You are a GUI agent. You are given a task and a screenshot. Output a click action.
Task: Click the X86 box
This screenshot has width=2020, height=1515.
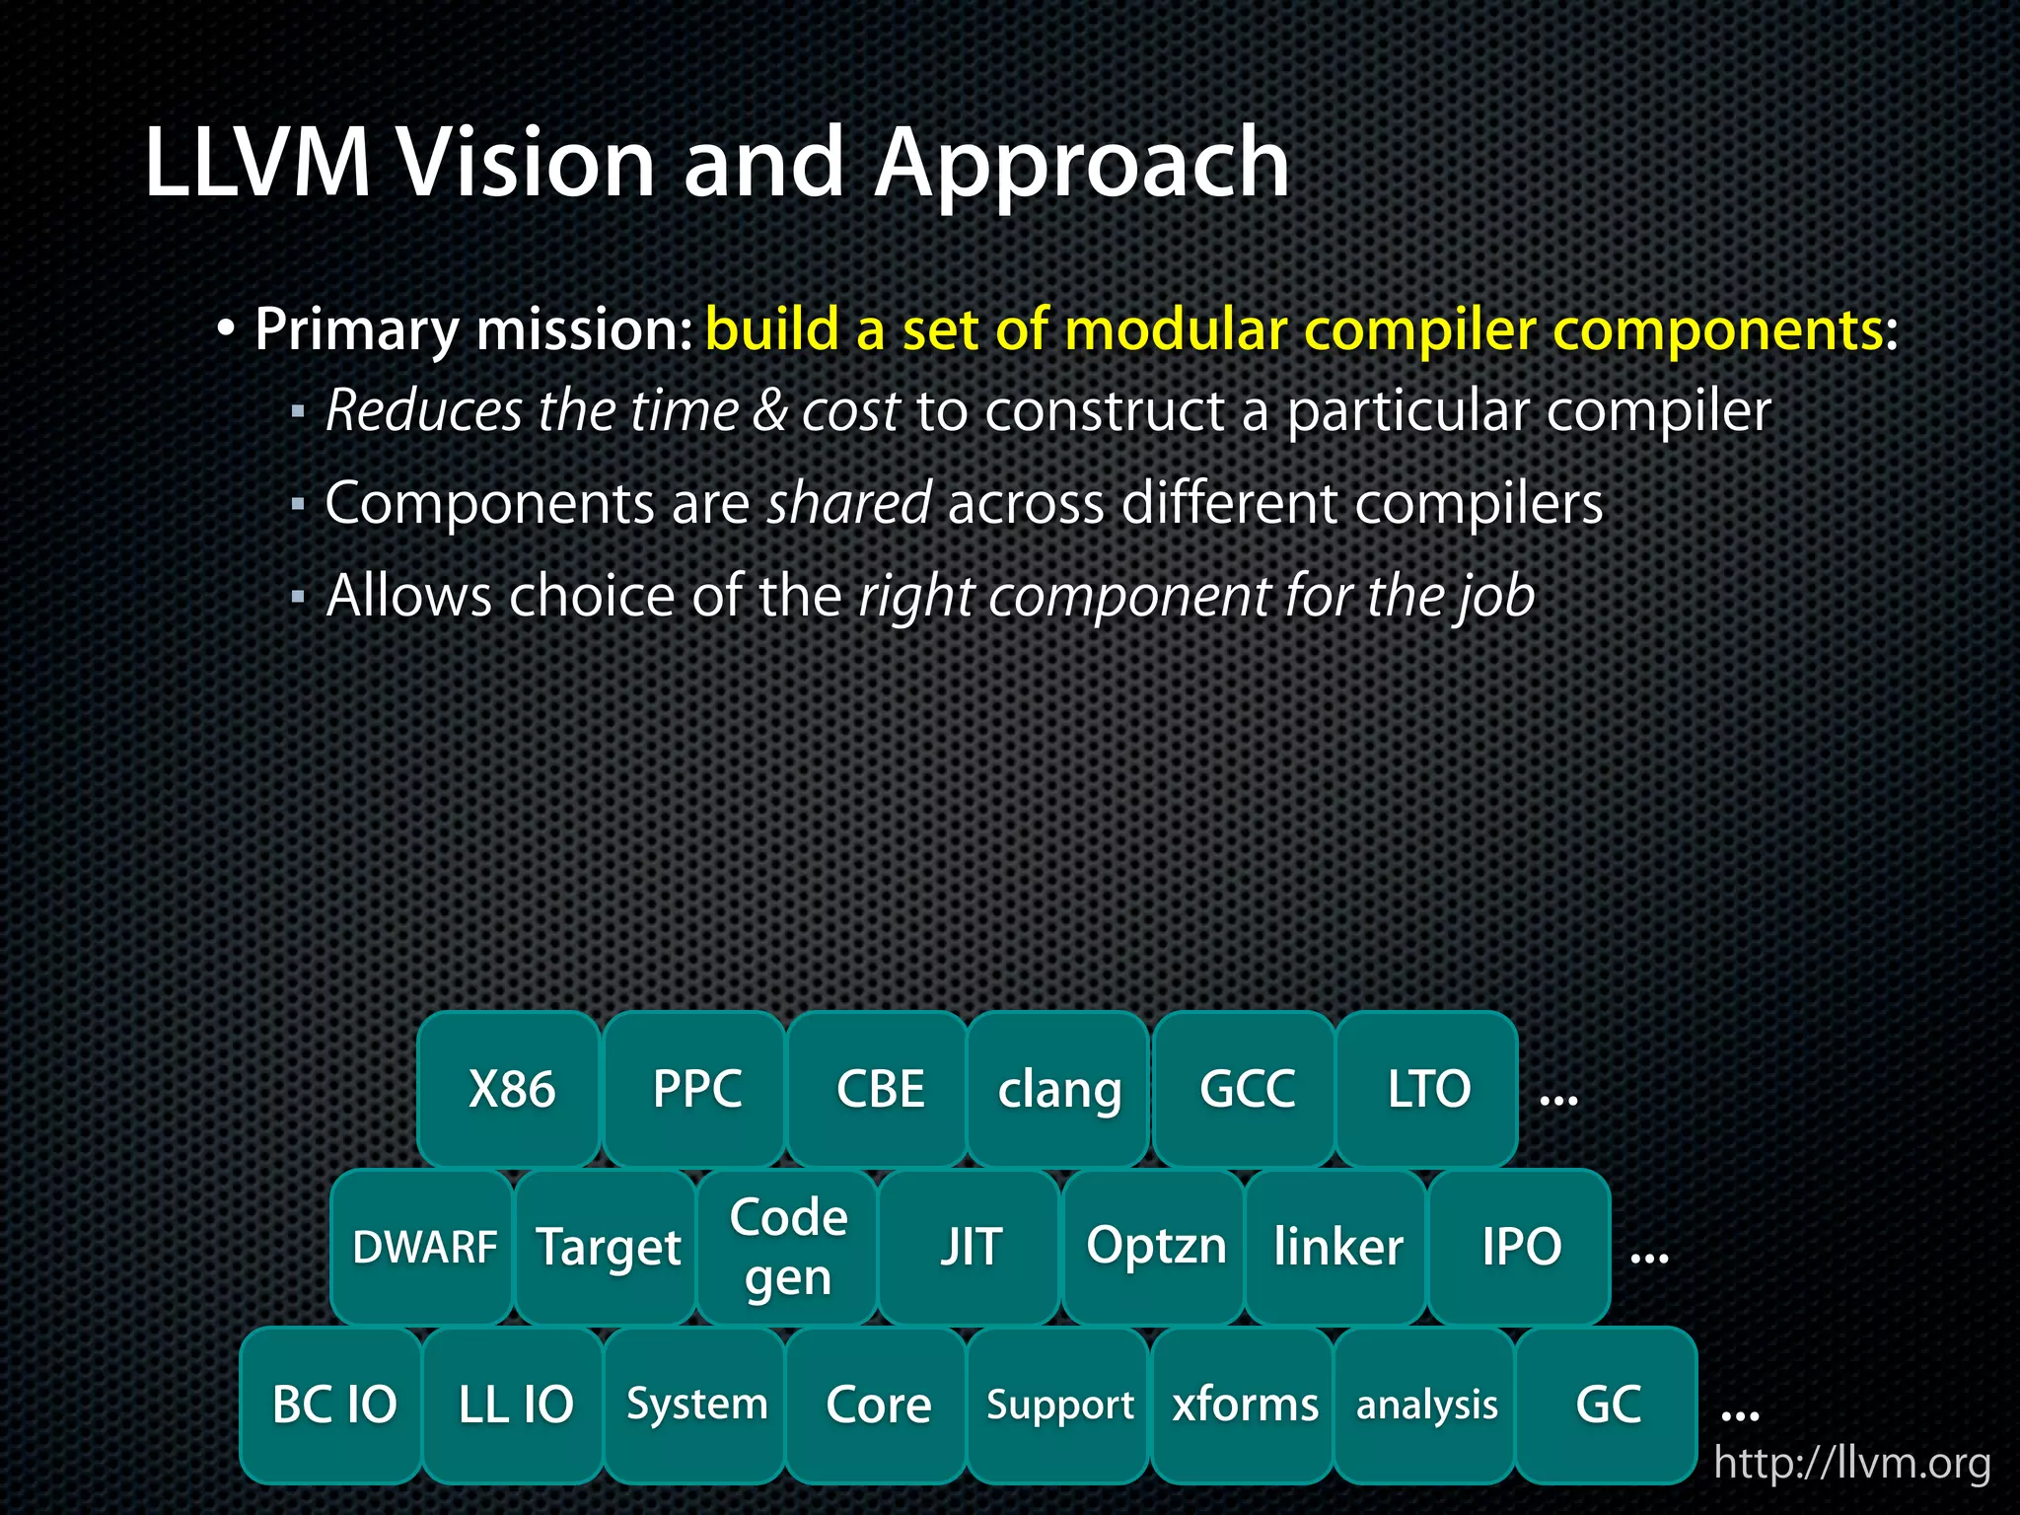(509, 1089)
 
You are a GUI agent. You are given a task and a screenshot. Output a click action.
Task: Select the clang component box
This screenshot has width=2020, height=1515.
(1058, 1089)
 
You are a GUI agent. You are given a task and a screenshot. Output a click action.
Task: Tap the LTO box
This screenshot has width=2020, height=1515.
(1427, 1089)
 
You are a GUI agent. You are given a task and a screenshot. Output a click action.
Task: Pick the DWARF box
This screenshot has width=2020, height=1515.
(423, 1247)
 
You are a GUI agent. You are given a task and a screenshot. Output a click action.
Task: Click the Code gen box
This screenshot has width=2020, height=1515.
(787, 1247)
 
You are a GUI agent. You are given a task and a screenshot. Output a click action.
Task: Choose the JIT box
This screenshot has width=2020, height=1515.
(970, 1247)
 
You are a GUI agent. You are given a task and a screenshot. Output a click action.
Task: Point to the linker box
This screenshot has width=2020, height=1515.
(1336, 1247)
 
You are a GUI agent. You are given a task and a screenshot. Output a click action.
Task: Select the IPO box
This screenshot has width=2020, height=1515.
(1520, 1247)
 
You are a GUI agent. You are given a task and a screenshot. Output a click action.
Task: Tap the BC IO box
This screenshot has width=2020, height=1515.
(332, 1405)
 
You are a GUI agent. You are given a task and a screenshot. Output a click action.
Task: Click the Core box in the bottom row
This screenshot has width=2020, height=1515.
(877, 1405)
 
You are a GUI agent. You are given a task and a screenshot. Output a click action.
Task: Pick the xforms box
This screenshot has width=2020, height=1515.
(1244, 1405)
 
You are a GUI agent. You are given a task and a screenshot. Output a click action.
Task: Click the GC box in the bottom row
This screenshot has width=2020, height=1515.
(1607, 1405)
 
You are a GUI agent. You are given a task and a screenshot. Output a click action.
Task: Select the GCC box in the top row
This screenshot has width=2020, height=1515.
(1245, 1089)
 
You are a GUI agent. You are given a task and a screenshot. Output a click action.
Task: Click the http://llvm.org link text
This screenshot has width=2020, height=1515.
(1851, 1463)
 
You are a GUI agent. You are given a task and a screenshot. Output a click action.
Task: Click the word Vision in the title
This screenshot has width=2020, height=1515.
(526, 163)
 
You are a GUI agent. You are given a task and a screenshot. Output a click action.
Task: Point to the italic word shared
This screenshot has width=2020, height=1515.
(849, 503)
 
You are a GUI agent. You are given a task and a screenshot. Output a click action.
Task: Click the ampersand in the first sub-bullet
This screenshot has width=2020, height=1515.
(769, 410)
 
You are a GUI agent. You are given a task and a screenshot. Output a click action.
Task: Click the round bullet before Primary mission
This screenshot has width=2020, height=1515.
(226, 329)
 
